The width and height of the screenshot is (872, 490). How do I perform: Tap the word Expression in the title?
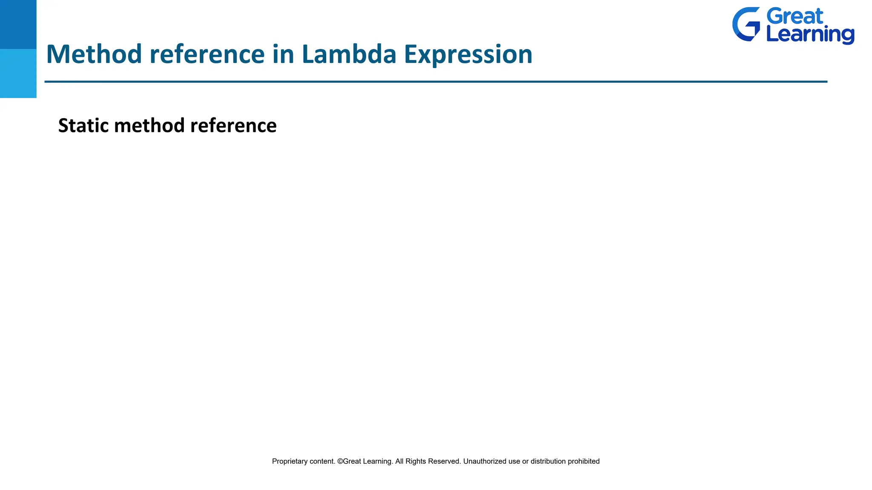pos(468,55)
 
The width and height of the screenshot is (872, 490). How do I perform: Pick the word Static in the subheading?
pos(83,125)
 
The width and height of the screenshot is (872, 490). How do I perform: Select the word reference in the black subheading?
pos(233,125)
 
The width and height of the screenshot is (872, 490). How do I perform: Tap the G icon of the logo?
pos(746,24)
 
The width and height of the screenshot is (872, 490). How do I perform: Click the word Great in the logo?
pos(795,17)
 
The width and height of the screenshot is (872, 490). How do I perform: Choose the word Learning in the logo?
pos(810,35)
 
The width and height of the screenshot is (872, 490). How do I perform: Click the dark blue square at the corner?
pos(18,24)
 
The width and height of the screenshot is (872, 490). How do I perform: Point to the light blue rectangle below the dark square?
pos(18,73)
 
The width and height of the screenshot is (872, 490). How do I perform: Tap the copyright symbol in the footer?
pos(340,462)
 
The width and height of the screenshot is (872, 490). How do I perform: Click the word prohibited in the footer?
pos(583,462)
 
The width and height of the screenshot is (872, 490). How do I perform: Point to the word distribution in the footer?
pos(548,462)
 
